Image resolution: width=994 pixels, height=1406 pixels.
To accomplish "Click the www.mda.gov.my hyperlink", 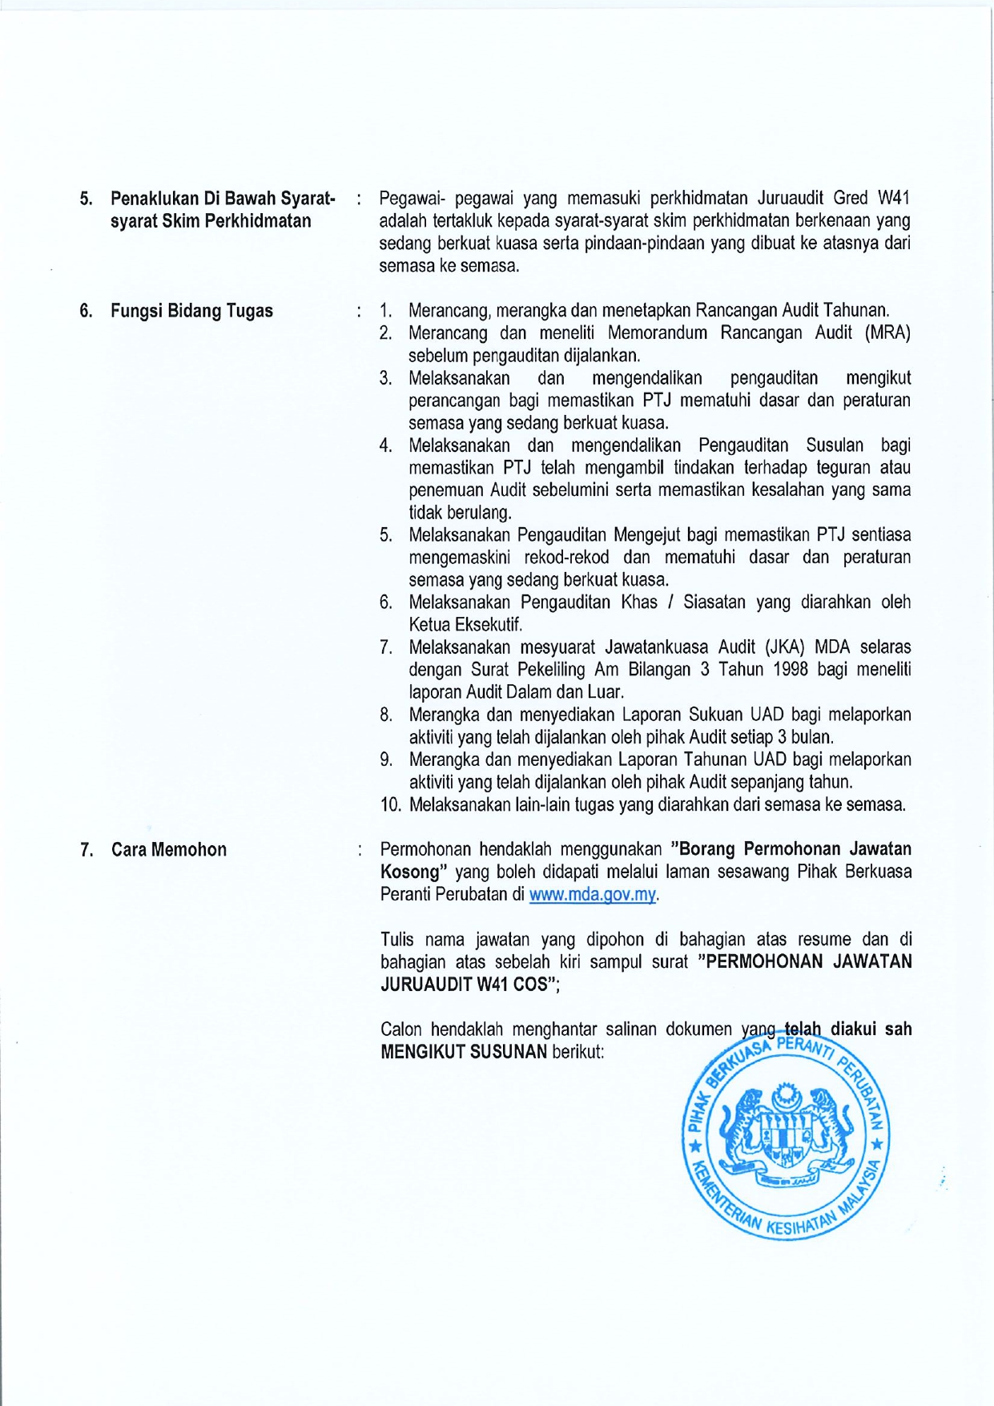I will click(x=593, y=895).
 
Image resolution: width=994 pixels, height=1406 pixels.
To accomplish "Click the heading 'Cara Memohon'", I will click(x=169, y=850).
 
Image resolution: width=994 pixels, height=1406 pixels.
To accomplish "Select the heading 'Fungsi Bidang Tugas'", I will click(x=191, y=311).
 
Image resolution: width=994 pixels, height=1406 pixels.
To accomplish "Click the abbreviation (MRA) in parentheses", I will click(x=887, y=333).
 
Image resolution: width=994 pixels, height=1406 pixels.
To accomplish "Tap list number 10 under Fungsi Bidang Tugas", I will click(x=390, y=804).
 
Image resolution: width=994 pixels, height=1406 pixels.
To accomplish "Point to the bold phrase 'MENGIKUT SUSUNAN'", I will click(x=464, y=1051).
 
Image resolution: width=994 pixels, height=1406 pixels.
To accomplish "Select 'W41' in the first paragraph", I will click(x=893, y=198).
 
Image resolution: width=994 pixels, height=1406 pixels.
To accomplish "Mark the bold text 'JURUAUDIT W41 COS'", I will click(x=463, y=984).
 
